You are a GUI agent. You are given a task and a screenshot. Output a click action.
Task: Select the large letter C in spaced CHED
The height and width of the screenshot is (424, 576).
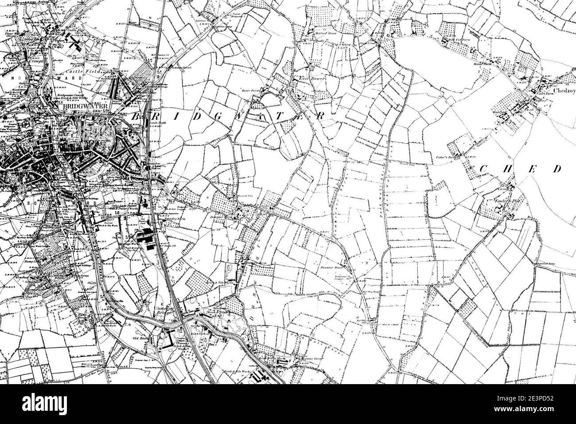point(484,169)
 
